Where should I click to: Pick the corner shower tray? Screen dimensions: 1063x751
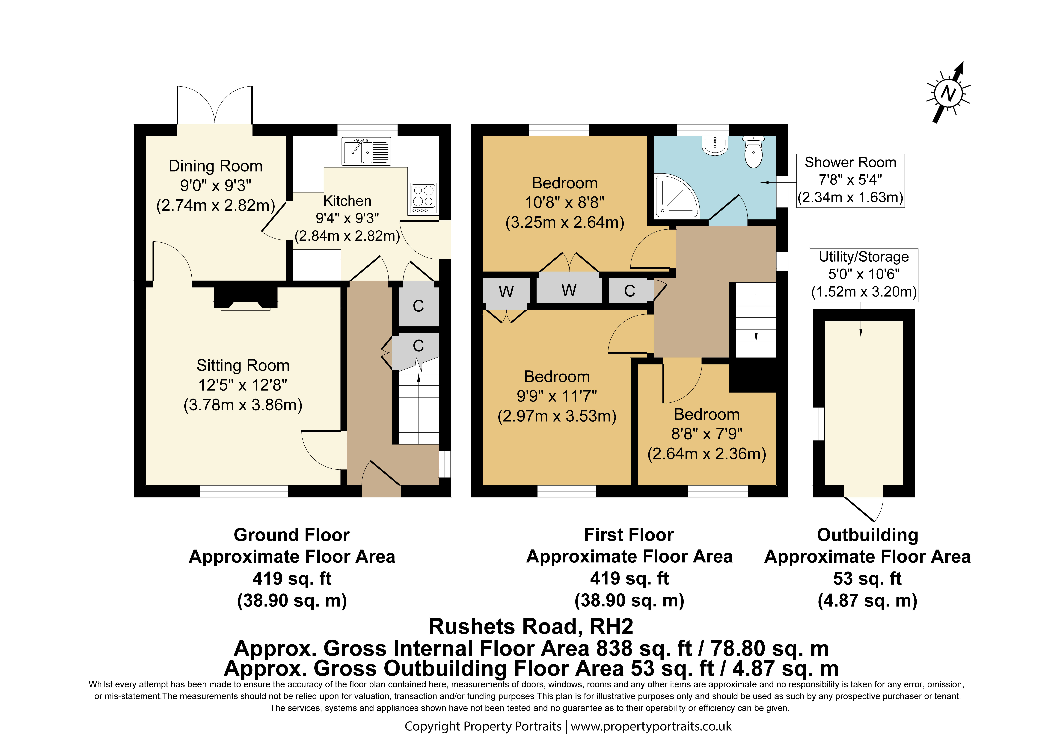pyautogui.click(x=676, y=195)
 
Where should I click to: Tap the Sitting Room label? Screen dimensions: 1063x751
pyautogui.click(x=243, y=365)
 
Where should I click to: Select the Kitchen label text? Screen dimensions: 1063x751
pyautogui.click(x=347, y=201)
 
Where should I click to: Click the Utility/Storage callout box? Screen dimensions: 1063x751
pyautogui.click(x=864, y=275)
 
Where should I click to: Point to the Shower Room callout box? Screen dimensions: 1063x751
pyautogui.click(x=850, y=181)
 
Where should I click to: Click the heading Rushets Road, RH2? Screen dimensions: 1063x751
pyautogui.click(x=531, y=627)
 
